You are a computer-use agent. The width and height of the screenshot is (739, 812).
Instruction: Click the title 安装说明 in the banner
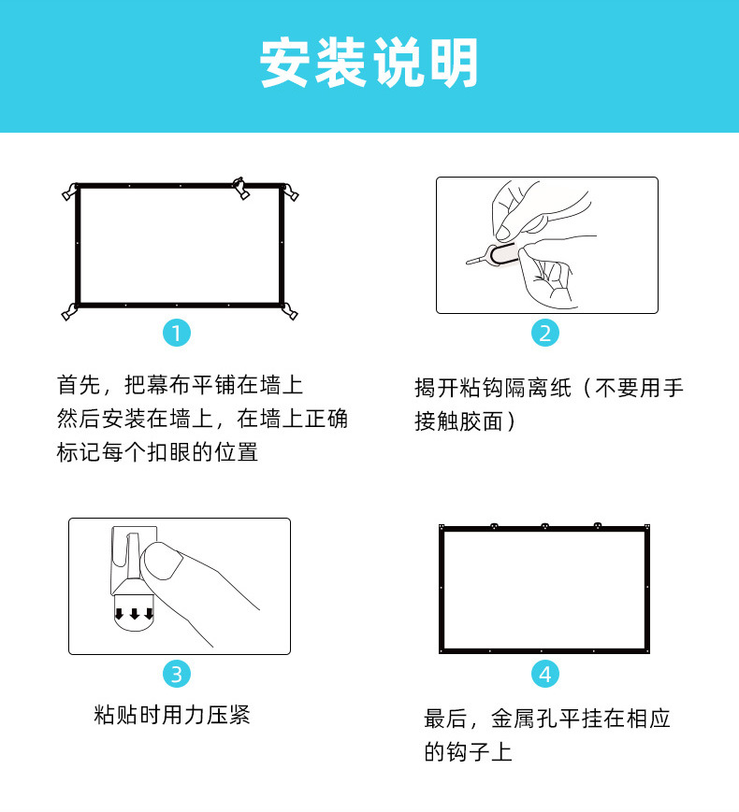[x=369, y=63]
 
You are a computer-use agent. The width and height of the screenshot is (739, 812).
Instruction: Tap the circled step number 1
[x=177, y=333]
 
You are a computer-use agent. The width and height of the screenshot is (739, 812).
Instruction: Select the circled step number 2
[x=545, y=333]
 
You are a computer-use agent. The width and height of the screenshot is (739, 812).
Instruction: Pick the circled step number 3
[x=177, y=674]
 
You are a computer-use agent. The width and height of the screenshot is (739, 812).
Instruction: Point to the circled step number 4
[x=545, y=674]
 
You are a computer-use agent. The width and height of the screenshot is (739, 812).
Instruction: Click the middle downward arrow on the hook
[x=135, y=614]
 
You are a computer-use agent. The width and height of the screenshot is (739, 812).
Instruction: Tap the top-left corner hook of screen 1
[x=70, y=192]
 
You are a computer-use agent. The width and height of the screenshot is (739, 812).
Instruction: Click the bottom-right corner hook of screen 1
[x=290, y=312]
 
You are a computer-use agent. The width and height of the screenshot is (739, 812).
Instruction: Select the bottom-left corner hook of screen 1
[x=69, y=312]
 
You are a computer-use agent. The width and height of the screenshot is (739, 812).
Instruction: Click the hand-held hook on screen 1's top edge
[x=241, y=188]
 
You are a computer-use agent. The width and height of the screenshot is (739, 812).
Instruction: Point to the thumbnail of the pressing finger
[x=161, y=561]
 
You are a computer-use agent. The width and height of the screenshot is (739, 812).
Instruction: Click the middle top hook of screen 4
[x=544, y=526]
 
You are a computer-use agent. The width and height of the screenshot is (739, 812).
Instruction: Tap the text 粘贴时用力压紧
[x=172, y=715]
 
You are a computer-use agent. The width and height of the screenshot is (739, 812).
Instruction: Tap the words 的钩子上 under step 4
[x=468, y=752]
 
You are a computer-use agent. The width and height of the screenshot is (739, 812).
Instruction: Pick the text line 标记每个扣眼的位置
[x=157, y=452]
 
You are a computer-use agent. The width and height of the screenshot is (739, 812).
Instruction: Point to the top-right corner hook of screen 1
[x=290, y=192]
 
